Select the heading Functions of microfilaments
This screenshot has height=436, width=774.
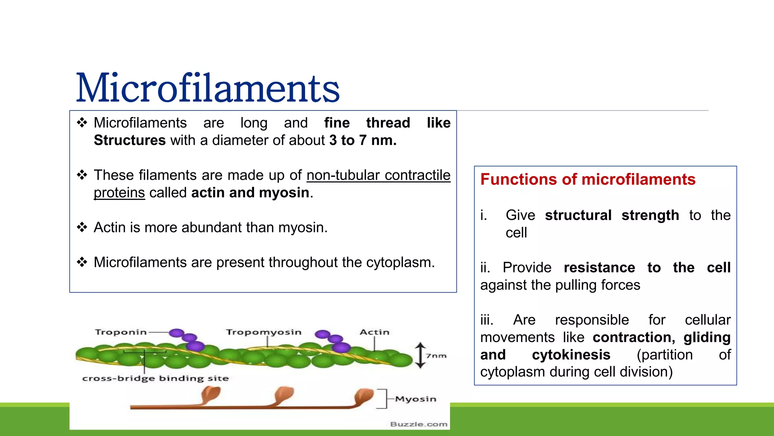pyautogui.click(x=588, y=179)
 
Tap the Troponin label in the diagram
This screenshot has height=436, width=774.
pyautogui.click(x=121, y=332)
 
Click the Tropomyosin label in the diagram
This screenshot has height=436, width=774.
pyautogui.click(x=264, y=332)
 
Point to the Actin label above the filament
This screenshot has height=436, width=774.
pyautogui.click(x=374, y=332)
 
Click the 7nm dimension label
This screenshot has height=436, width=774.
pyautogui.click(x=437, y=356)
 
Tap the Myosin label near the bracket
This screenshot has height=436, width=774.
pyautogui.click(x=416, y=399)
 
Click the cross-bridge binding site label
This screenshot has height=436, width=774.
pyautogui.click(x=155, y=378)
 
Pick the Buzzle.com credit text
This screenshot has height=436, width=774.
pyautogui.click(x=419, y=424)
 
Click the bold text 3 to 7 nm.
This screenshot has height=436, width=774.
pyautogui.click(x=363, y=140)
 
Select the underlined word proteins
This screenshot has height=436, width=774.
pyautogui.click(x=119, y=193)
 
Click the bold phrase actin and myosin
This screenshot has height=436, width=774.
pyautogui.click(x=250, y=193)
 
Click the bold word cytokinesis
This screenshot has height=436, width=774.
pyautogui.click(x=571, y=355)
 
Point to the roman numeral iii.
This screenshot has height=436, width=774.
pyautogui.click(x=487, y=320)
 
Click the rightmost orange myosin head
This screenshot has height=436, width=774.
pyautogui.click(x=364, y=396)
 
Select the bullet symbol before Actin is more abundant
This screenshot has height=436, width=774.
pyautogui.click(x=82, y=227)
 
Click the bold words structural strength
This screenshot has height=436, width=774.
pyautogui.click(x=612, y=215)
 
